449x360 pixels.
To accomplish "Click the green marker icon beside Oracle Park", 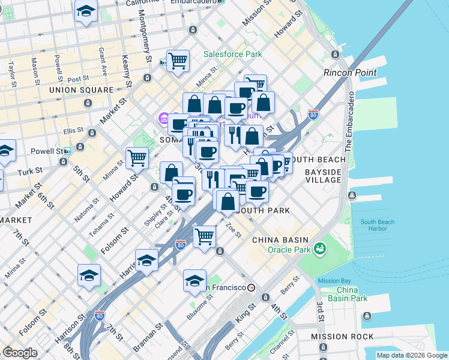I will tap(320, 248).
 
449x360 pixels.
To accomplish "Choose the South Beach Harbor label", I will tap(378, 226).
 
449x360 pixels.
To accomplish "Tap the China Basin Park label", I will tap(343, 294).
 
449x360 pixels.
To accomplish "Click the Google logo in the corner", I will tap(19, 353).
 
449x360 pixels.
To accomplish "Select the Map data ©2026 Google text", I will tap(412, 355).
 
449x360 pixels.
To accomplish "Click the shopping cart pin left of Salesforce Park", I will tap(178, 61).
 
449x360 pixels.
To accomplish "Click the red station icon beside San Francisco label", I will tap(251, 287).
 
